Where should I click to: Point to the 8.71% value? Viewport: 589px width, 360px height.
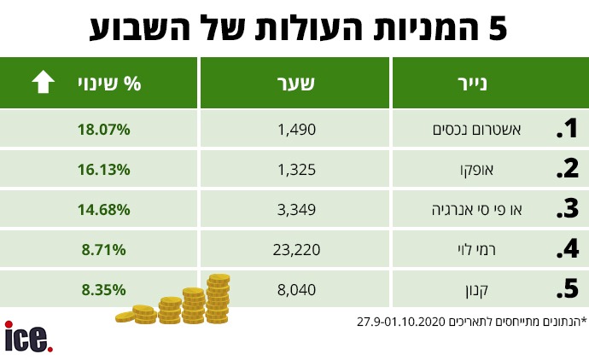pyautogui.click(x=103, y=249)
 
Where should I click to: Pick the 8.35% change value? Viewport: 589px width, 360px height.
pyautogui.click(x=103, y=289)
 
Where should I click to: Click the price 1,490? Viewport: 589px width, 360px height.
pyautogui.click(x=297, y=130)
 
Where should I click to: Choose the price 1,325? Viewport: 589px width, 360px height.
pyautogui.click(x=297, y=169)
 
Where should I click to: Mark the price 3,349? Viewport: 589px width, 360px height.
pyautogui.click(x=297, y=209)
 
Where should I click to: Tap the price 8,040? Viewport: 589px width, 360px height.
pyautogui.click(x=297, y=289)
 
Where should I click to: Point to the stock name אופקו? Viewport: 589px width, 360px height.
pyautogui.click(x=502, y=169)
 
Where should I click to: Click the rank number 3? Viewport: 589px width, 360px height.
pyautogui.click(x=567, y=210)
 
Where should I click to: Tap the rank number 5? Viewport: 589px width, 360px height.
pyautogui.click(x=567, y=289)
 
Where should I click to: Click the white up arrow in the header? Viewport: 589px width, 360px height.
pyautogui.click(x=42, y=83)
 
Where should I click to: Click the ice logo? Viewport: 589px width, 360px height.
pyautogui.click(x=29, y=336)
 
